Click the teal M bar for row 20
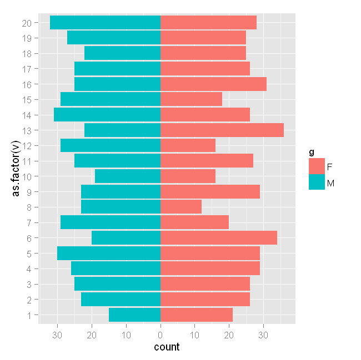(106, 23)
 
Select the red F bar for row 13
(222, 130)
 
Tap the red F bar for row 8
(181, 207)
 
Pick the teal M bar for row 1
(135, 315)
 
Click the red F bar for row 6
(219, 238)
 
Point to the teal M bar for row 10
(128, 176)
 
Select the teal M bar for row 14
(107, 115)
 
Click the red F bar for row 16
(214, 84)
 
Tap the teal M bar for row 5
(109, 253)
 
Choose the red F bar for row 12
(188, 146)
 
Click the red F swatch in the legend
(317, 166)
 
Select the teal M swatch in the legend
(317, 182)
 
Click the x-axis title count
(167, 348)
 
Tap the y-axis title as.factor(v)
(17, 169)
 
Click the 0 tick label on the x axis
(161, 334)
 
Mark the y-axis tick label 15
(28, 100)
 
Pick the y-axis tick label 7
(30, 223)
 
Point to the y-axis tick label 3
(30, 285)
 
